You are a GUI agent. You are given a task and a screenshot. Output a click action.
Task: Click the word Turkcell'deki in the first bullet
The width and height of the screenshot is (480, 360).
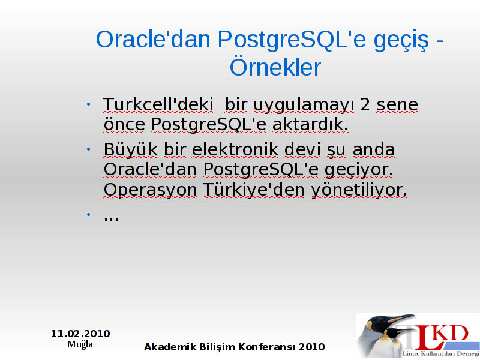tap(158, 104)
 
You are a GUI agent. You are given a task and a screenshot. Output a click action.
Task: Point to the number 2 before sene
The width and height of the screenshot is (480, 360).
tap(365, 104)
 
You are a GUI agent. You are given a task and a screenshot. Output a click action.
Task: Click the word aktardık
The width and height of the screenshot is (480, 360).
tap(310, 124)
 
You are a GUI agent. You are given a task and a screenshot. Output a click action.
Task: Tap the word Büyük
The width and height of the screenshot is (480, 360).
tap(131, 149)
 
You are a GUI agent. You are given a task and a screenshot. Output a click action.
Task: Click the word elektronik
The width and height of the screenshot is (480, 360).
tap(235, 149)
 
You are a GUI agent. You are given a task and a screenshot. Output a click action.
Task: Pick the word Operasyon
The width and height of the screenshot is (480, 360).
tap(151, 190)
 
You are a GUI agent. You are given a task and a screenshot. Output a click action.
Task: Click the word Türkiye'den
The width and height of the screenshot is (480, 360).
tap(254, 190)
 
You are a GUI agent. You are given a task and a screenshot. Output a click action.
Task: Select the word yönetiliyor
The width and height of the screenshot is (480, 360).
tap(359, 190)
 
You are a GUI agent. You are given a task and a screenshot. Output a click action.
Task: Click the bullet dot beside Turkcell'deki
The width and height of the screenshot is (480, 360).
tap(88, 104)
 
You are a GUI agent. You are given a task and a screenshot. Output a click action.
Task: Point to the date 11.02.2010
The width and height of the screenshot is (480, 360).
tap(80, 334)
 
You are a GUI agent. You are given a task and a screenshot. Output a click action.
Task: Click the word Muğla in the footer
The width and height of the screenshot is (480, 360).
tap(80, 344)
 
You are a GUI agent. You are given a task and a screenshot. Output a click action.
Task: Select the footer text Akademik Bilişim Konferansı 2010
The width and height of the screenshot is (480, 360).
tap(235, 347)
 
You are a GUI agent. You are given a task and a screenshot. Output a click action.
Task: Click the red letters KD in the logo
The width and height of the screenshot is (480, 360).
tap(452, 333)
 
